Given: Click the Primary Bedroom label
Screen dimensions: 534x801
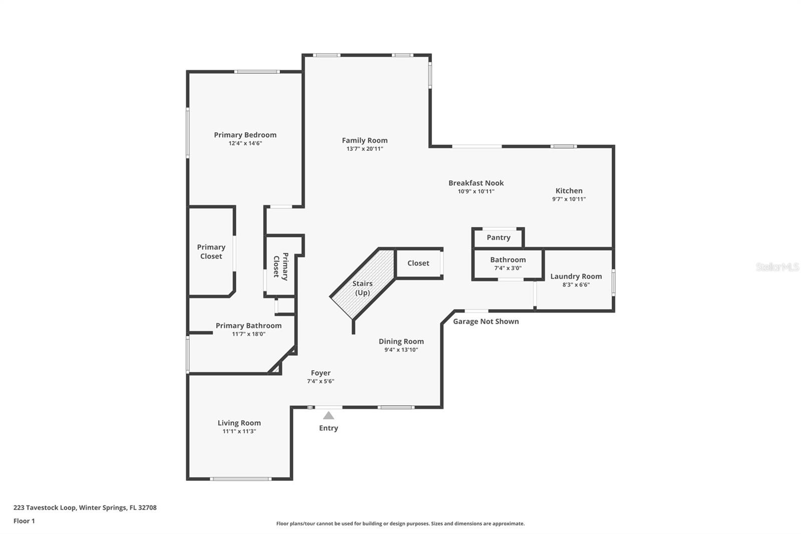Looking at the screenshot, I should (x=245, y=135).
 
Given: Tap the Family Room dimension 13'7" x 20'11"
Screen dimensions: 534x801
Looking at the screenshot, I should (x=364, y=149).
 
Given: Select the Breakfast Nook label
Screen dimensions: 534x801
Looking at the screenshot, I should (x=476, y=183).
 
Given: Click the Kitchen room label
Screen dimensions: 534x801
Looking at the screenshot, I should (x=569, y=190).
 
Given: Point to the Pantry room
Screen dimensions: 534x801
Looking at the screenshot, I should (x=498, y=237).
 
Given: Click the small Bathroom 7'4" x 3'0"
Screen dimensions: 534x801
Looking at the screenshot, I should (x=508, y=263).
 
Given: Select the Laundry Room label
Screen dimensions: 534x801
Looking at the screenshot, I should (x=576, y=276).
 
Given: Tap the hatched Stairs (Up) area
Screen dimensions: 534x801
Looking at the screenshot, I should (x=362, y=288).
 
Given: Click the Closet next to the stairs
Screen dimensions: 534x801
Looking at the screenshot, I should (x=418, y=263).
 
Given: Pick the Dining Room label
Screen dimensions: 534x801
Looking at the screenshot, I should (x=401, y=341).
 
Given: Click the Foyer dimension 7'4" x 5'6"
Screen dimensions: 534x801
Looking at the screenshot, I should (x=320, y=381).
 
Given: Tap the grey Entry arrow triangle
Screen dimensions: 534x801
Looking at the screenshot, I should (x=328, y=415).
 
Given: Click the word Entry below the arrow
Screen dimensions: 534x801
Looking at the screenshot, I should (x=328, y=428).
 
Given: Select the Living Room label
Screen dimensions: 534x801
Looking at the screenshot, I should (x=239, y=423).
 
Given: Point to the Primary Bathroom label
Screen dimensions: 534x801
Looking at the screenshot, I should (x=248, y=326).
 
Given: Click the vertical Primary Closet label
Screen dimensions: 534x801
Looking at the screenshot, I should (x=280, y=266).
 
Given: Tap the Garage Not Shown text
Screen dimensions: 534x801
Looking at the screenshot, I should (x=486, y=321).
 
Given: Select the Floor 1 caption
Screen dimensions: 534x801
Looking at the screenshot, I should (x=24, y=521).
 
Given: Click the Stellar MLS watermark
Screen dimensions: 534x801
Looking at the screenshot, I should (x=777, y=267).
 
